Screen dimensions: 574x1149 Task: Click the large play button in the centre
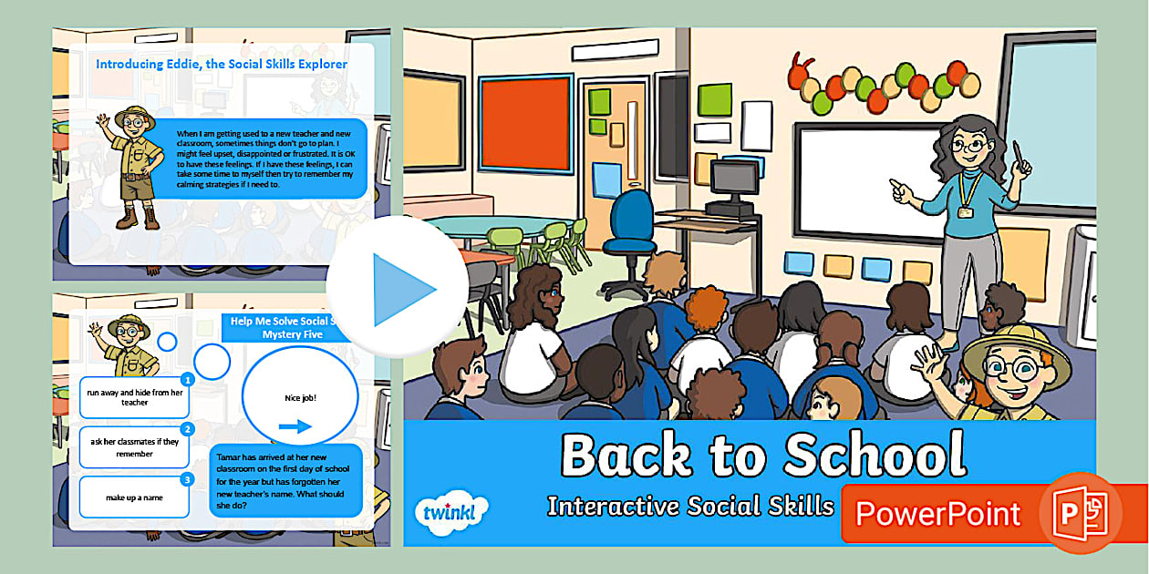pyautogui.click(x=399, y=288)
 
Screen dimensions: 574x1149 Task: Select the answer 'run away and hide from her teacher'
pyautogui.click(x=134, y=397)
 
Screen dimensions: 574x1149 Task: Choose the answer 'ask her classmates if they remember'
pyautogui.click(x=134, y=447)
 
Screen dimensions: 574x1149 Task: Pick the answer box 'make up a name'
pyautogui.click(x=134, y=497)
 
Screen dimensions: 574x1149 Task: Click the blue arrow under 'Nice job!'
pyautogui.click(x=295, y=425)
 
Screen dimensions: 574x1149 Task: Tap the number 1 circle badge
pyautogui.click(x=187, y=379)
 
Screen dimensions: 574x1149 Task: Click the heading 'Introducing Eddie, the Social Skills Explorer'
pyautogui.click(x=222, y=65)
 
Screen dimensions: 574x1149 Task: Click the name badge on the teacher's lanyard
pyautogui.click(x=965, y=212)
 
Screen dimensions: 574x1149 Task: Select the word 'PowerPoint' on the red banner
pyautogui.click(x=937, y=514)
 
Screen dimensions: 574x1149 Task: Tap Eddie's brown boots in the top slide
pyautogui.click(x=138, y=219)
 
